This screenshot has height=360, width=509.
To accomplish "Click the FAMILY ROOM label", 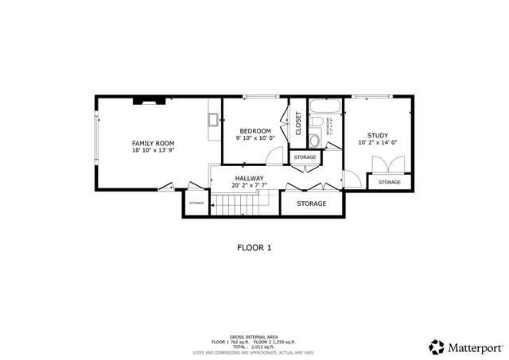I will (153, 142).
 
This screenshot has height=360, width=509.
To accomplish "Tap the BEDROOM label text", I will (254, 130).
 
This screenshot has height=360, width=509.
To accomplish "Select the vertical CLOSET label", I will (299, 122).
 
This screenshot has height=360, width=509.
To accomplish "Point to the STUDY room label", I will (377, 135).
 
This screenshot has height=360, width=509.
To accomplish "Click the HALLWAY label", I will (249, 178).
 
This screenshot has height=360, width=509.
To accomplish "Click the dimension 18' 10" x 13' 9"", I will (153, 150).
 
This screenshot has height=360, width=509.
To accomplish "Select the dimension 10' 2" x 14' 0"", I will (377, 143).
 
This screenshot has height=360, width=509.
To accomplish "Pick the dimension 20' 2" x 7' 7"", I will (249, 185).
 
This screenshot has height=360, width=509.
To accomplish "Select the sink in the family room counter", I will (213, 121).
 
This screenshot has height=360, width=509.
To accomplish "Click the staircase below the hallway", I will (238, 207).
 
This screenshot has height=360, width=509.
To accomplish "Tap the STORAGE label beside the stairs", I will (196, 203).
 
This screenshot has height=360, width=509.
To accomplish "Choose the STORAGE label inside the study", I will (390, 183).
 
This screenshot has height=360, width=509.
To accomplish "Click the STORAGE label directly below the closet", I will (305, 157).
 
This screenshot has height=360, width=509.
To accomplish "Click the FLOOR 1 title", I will (254, 247).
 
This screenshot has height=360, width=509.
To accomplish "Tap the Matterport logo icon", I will (437, 346).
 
